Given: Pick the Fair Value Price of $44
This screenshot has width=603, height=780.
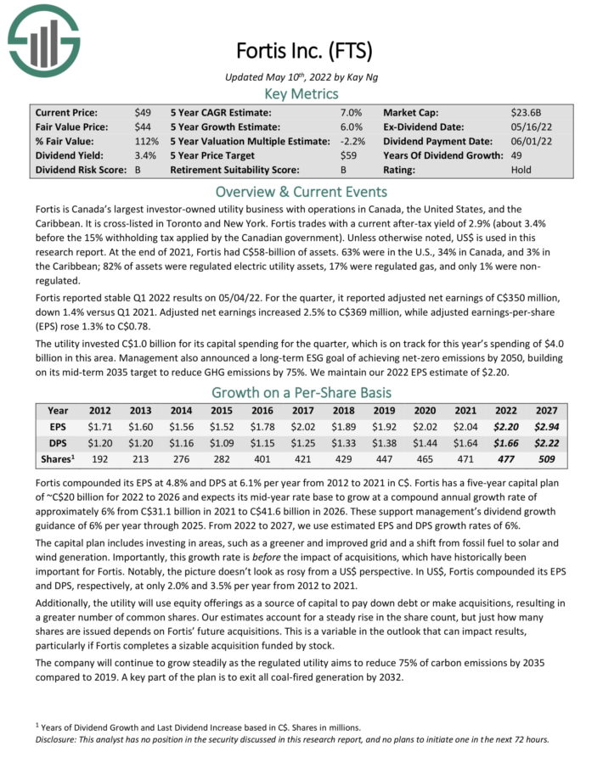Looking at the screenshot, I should (x=144, y=126).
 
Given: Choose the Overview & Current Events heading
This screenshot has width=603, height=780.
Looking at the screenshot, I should (x=301, y=190).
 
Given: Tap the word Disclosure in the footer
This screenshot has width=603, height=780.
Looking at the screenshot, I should (x=55, y=738).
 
